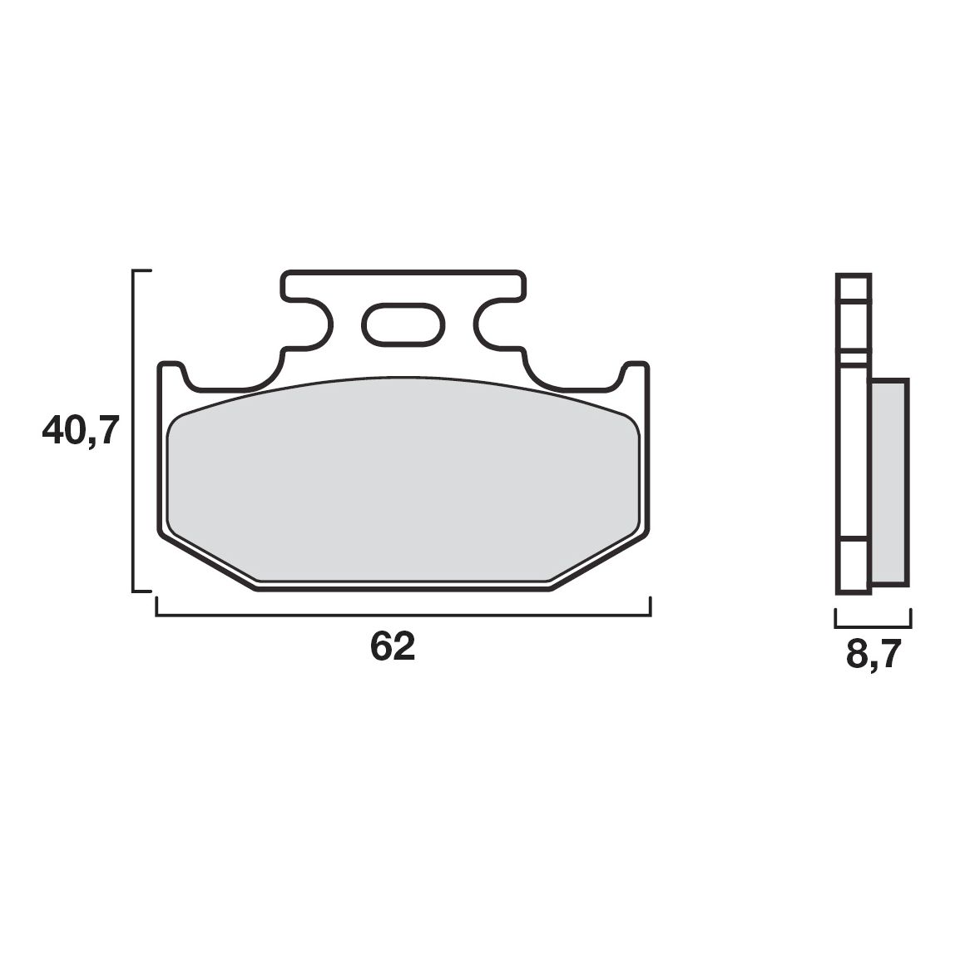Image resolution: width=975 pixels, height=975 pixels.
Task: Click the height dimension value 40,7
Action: pyautogui.click(x=82, y=431)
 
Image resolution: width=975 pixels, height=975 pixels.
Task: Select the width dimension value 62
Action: pyautogui.click(x=393, y=646)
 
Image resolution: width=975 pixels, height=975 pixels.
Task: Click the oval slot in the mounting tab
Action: pyautogui.click(x=403, y=324)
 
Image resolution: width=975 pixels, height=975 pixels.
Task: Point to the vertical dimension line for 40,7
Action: pyautogui.click(x=134, y=431)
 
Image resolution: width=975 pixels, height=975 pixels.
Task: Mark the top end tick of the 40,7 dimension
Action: pyautogui.click(x=142, y=271)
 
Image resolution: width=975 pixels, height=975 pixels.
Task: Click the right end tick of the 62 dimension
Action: pyautogui.click(x=650, y=607)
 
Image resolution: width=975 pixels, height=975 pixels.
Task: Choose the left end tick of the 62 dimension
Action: pyautogui.click(x=156, y=607)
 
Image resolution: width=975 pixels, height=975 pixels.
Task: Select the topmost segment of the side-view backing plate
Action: pyautogui.click(x=854, y=287)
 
